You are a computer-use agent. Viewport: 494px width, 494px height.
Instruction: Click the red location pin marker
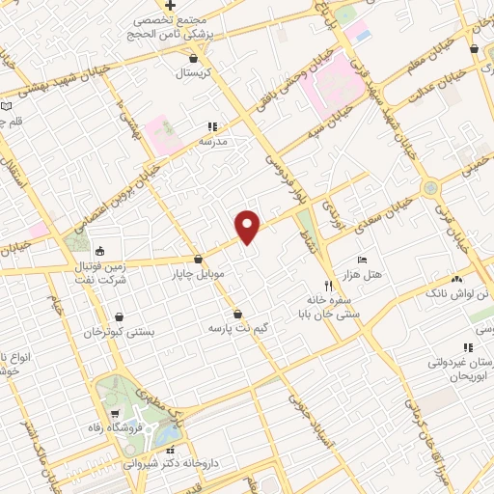(248, 226)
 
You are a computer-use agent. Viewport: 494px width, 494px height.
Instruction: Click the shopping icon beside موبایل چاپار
(198, 259)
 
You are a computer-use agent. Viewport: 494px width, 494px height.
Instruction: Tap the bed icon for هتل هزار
(362, 261)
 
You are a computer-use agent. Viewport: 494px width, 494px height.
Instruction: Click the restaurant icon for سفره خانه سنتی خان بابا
(328, 285)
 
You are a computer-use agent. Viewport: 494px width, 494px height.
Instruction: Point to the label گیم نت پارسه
(236, 328)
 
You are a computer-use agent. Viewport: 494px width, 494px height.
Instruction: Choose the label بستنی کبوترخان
(119, 332)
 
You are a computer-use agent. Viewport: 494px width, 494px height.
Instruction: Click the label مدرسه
(211, 141)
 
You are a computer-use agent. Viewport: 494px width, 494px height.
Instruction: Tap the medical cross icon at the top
(170, 5)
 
